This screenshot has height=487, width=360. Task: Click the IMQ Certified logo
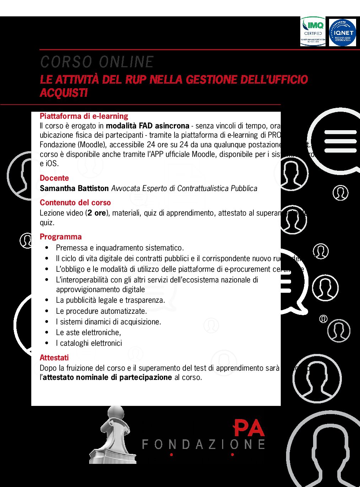pyautogui.click(x=313, y=32)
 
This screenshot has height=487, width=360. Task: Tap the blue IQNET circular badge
pyautogui.click(x=342, y=33)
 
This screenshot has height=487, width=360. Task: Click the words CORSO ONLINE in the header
pyautogui.click(x=97, y=62)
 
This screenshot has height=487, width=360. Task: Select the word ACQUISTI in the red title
pyautogui.click(x=64, y=93)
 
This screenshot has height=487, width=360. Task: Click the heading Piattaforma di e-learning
pyautogui.click(x=84, y=116)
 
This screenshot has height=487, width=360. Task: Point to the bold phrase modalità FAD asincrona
pyautogui.click(x=147, y=126)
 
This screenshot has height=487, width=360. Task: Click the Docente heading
pyautogui.click(x=54, y=178)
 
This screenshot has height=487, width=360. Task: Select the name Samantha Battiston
pyautogui.click(x=74, y=188)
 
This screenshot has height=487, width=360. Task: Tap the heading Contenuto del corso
pyautogui.click(x=75, y=203)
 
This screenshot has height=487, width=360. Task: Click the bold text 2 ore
pyautogui.click(x=97, y=213)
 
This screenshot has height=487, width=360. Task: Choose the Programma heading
pyautogui.click(x=61, y=237)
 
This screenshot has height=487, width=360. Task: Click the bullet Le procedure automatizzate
pyautogui.click(x=101, y=311)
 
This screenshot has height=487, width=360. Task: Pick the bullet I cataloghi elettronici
pyautogui.click(x=89, y=343)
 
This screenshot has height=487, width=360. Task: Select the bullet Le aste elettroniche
pyautogui.click(x=88, y=333)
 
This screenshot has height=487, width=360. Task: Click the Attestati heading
pyautogui.click(x=54, y=358)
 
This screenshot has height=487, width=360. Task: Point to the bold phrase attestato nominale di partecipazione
pyautogui.click(x=107, y=377)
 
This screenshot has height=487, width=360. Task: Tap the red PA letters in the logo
pyautogui.click(x=249, y=428)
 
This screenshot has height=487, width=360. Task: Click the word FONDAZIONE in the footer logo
pyautogui.click(x=203, y=444)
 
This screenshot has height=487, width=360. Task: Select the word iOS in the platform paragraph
pyautogui.click(x=52, y=164)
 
